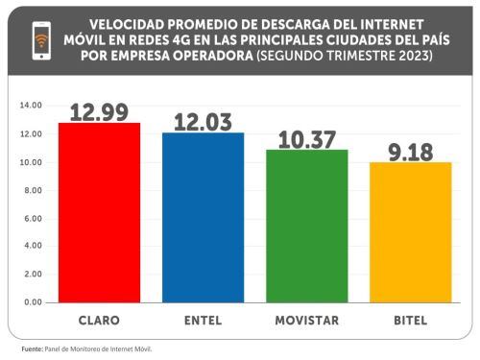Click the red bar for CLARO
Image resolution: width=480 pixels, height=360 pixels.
coord(99,212)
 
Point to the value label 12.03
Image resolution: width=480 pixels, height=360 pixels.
coord(203,121)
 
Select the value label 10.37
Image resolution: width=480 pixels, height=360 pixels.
coord(306,138)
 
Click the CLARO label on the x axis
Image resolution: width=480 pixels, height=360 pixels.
coord(99,319)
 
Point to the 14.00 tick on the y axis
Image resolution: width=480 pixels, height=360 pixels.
coord(32,106)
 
